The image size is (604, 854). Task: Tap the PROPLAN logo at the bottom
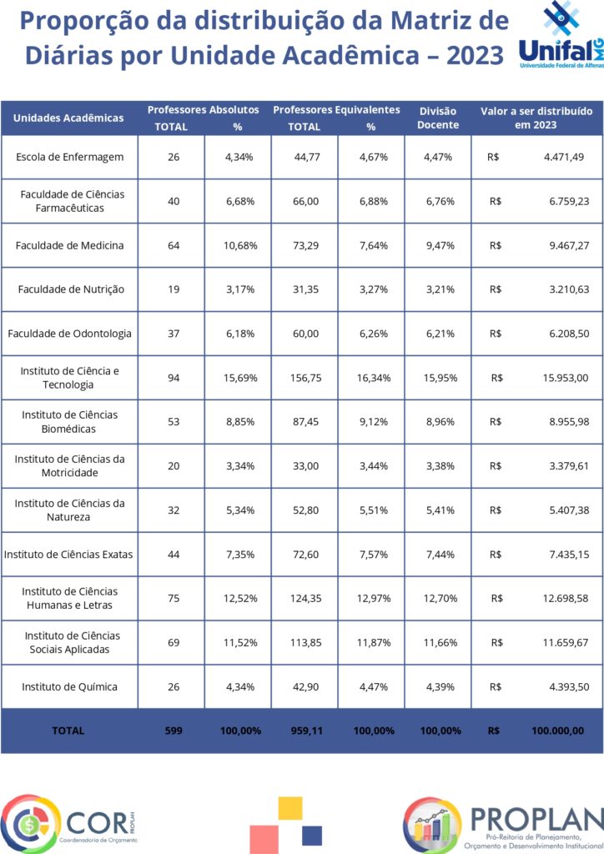tap(504, 823)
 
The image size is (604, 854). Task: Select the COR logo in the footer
tap(68, 823)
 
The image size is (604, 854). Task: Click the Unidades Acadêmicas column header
tap(68, 118)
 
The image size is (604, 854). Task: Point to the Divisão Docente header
tap(438, 118)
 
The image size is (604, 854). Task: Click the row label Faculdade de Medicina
tap(70, 245)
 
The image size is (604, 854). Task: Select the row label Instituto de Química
tap(70, 687)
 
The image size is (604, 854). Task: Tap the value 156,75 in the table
tap(305, 378)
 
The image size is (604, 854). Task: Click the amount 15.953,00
tap(566, 378)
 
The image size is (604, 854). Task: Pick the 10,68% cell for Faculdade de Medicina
tap(240, 245)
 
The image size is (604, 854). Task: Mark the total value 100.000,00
tap(558, 731)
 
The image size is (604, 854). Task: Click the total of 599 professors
tap(174, 731)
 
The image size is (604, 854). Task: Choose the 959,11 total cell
tap(307, 731)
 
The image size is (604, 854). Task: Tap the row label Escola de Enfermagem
tap(70, 157)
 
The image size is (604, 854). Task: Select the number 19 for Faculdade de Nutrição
tap(174, 289)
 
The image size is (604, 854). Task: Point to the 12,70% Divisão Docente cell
tap(440, 598)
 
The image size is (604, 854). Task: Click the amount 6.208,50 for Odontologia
tap(569, 334)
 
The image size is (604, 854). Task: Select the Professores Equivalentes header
tap(336, 109)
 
